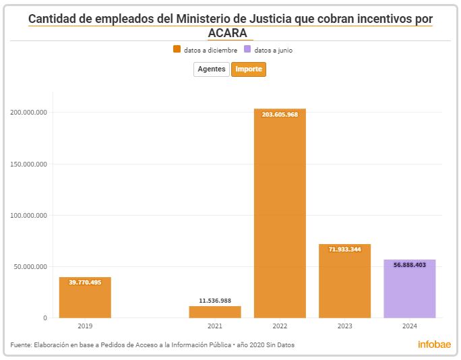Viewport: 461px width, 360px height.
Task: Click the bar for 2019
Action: [85, 297]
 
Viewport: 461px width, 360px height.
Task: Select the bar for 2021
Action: [215, 312]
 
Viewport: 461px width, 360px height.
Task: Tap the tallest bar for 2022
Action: [280, 216]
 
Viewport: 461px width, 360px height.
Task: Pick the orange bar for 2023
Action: [344, 283]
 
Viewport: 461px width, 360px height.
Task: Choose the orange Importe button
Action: [249, 69]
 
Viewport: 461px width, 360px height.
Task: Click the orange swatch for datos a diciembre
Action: [177, 50]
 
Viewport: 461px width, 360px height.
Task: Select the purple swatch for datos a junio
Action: [247, 50]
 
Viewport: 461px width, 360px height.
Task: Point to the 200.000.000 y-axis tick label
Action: [28, 113]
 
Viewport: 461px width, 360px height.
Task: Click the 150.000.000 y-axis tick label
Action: [28, 164]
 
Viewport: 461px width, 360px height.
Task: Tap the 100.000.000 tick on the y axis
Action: [28, 216]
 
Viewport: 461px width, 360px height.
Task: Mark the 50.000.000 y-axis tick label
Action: [30, 267]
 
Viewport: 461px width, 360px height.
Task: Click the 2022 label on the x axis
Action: [280, 326]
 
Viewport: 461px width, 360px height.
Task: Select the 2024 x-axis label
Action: [410, 326]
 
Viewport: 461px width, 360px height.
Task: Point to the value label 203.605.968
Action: [280, 115]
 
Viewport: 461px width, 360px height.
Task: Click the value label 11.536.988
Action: [215, 301]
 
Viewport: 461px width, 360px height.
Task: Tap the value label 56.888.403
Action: [410, 265]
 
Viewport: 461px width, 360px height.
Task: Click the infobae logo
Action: [434, 344]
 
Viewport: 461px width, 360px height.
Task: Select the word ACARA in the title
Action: [228, 33]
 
